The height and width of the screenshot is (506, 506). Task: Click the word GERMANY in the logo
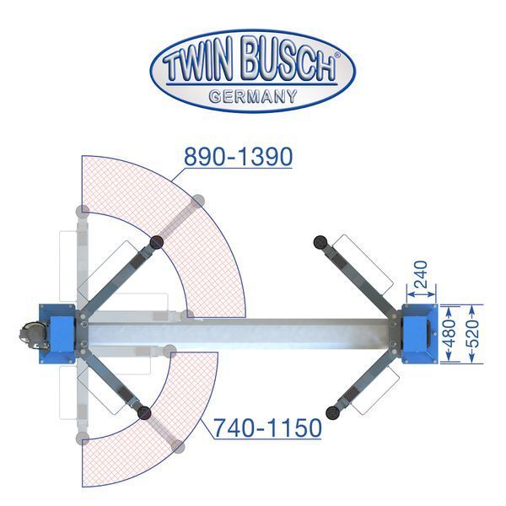(253, 96)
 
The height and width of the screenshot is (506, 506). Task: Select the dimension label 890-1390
(238, 157)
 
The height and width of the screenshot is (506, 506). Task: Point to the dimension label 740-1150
(268, 428)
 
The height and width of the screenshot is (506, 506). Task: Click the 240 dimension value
(421, 274)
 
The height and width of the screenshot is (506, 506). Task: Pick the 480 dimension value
(449, 334)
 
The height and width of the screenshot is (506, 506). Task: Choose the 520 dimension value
(472, 334)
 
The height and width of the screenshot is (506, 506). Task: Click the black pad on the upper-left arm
(157, 242)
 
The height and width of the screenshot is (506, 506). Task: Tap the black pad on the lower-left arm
(144, 412)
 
